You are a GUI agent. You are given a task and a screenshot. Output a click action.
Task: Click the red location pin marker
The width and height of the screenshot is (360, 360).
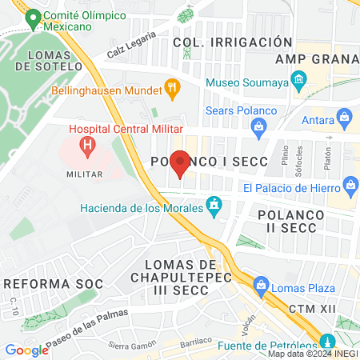180,164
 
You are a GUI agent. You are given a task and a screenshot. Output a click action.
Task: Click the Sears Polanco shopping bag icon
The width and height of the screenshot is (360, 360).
258,126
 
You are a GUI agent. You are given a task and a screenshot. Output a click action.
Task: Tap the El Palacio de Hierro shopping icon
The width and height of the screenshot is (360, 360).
350,187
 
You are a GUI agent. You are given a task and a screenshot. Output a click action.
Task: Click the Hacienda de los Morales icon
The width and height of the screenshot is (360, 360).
214,206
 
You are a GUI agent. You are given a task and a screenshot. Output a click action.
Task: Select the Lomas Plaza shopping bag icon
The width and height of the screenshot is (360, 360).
261,285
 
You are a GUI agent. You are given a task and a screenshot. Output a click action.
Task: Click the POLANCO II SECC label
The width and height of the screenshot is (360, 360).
292,222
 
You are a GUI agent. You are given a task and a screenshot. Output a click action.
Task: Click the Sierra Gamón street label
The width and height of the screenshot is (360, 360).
130,346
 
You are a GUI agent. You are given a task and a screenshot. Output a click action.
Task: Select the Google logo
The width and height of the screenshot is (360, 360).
27,350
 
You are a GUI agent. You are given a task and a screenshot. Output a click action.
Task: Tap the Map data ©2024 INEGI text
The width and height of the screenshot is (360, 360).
312,354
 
